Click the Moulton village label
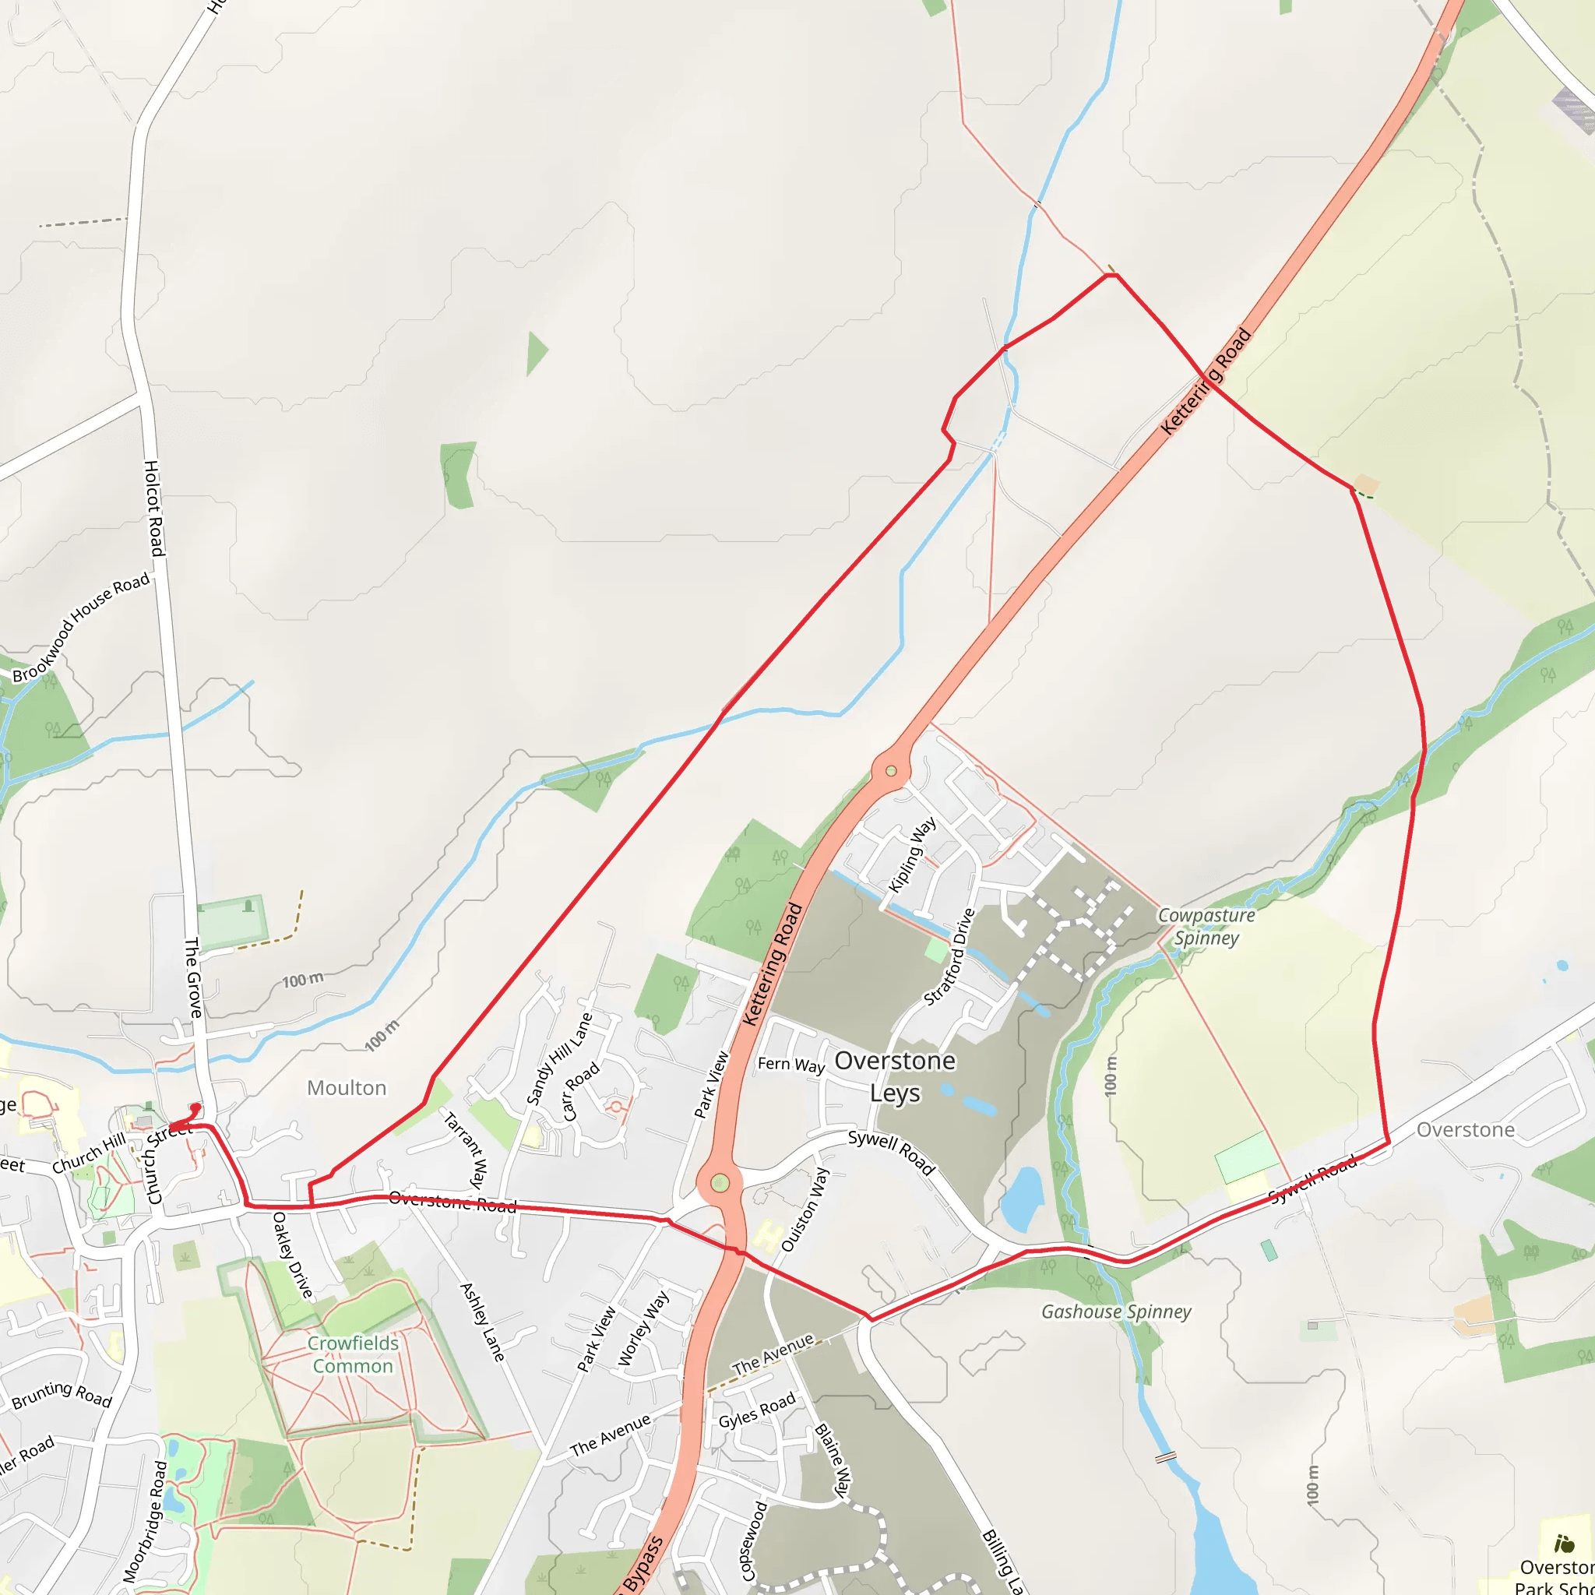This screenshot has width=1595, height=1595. pos(346,1088)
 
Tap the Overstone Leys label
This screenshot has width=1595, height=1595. pos(895,1076)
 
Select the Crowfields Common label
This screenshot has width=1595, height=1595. pos(353,1355)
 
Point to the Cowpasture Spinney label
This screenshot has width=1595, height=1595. pos(1206,926)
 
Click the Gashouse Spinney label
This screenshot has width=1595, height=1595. pos(1116,1312)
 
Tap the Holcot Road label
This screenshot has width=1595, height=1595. pos(154,508)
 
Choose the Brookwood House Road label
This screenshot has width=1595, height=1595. pos(81,628)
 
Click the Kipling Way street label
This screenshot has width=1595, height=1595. pos(911,855)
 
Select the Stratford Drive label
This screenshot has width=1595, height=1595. pos(949,957)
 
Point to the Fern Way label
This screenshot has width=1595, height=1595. pos(791,1064)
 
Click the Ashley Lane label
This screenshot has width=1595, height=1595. pos(482,1322)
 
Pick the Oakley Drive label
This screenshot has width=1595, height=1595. pos(292,1254)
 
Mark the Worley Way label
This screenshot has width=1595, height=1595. pos(643,1329)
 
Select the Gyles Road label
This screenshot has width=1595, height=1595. pos(756,1409)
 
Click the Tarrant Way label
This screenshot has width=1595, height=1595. pos(465,1150)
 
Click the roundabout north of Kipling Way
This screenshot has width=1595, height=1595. pos(891,771)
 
